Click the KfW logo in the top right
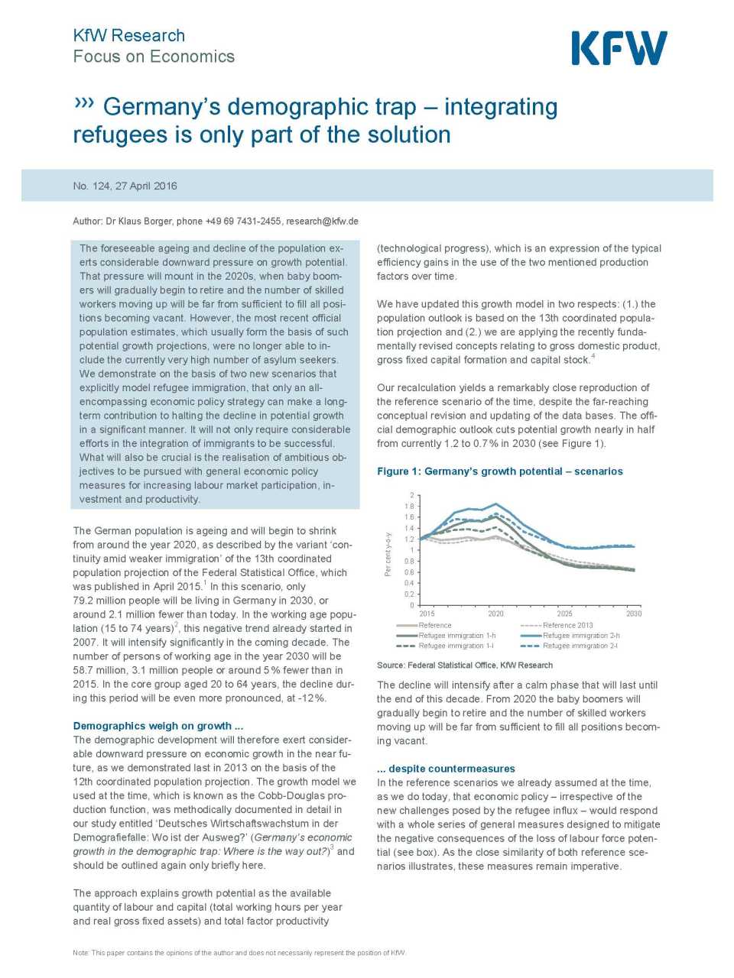pos(619,48)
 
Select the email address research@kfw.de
pos(322,222)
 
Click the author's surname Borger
pos(156,222)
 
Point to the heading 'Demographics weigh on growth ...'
pos(158,726)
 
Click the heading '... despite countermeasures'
pos(446,769)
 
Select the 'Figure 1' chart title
pos(499,471)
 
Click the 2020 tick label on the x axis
pos(495,614)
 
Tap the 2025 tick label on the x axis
pos(564,614)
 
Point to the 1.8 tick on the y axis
pos(409,507)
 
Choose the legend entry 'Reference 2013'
pos(567,625)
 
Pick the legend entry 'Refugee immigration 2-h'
pos(580,636)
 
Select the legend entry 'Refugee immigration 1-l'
pos(456,646)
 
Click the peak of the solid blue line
pos(495,504)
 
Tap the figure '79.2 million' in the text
pos(102,601)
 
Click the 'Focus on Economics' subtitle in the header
pos(154,57)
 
